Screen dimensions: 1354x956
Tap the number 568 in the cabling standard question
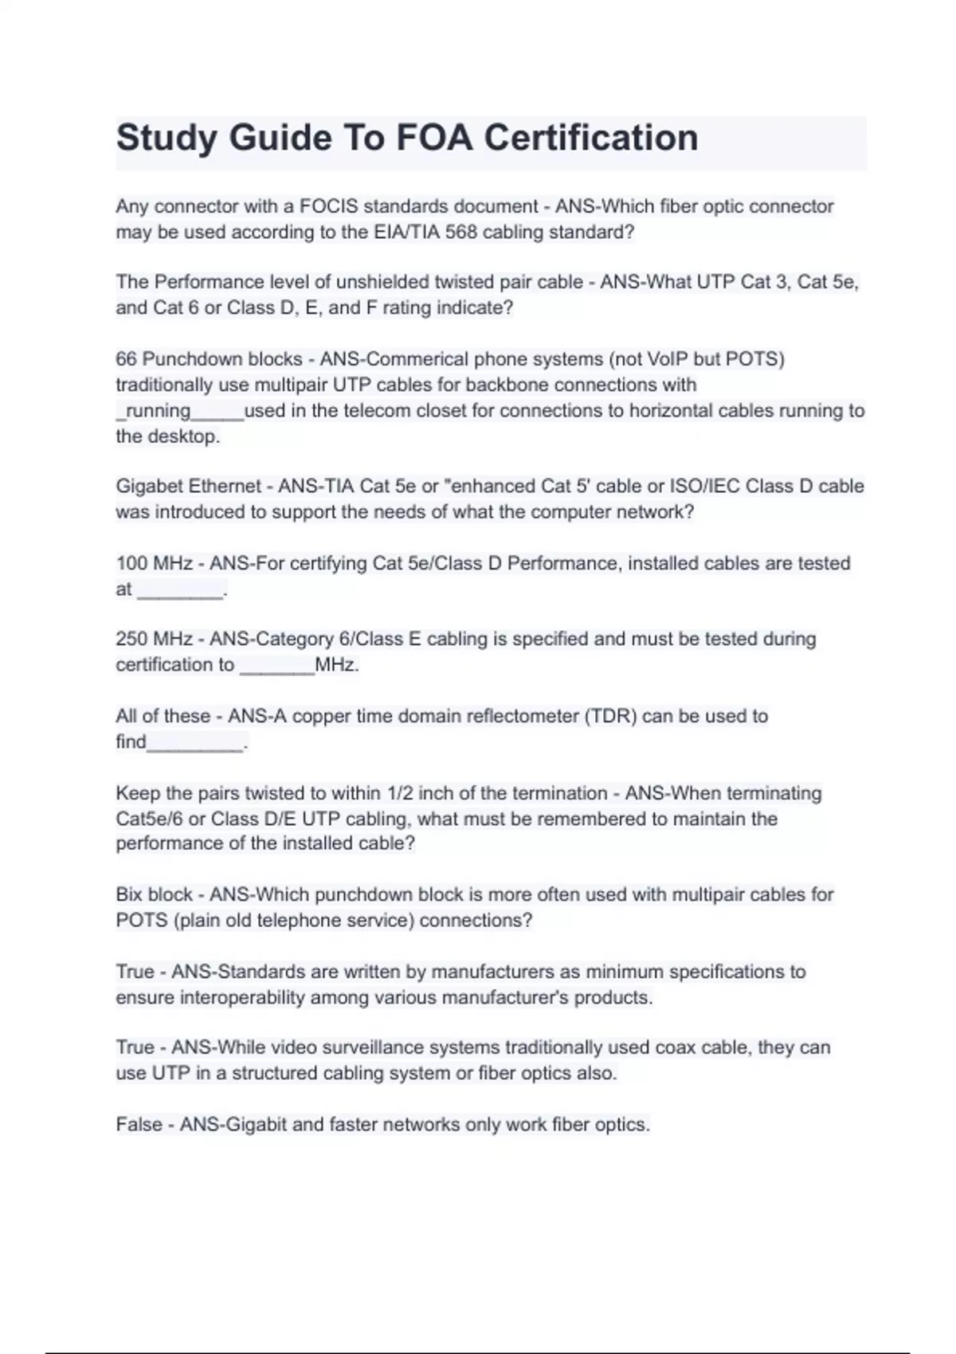pyautogui.click(x=462, y=233)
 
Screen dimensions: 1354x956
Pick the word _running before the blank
pyautogui.click(x=153, y=411)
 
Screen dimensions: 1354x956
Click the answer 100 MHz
pyautogui.click(x=154, y=563)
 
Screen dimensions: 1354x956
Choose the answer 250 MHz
pyautogui.click(x=154, y=639)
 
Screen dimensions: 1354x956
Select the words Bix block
pyautogui.click(x=154, y=894)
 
